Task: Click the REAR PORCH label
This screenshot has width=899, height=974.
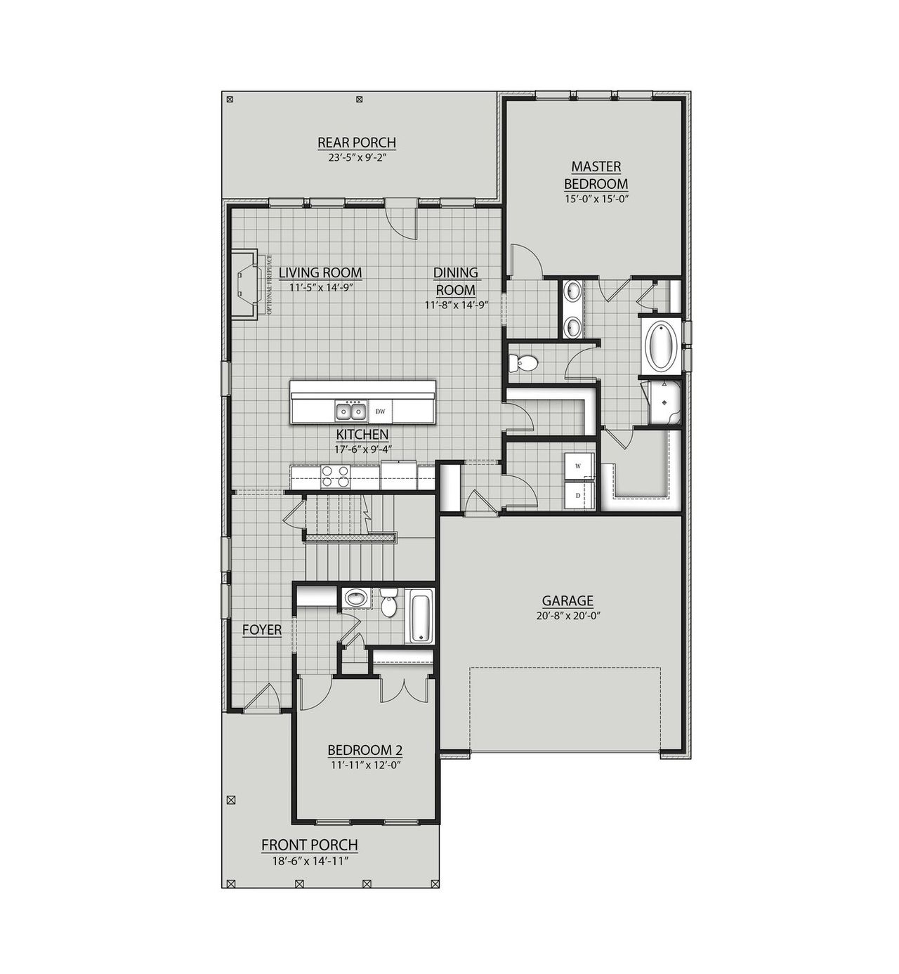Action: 357,143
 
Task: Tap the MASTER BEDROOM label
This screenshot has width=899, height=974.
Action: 596,175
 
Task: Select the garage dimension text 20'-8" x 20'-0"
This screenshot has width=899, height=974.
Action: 567,615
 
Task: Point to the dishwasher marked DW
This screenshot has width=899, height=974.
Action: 380,411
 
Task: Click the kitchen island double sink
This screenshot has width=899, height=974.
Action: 350,410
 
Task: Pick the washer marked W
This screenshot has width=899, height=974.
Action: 579,466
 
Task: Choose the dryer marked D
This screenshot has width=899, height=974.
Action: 579,495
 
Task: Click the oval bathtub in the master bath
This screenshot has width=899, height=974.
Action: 660,347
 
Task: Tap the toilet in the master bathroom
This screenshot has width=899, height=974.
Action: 523,362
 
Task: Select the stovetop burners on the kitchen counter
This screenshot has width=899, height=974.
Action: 336,477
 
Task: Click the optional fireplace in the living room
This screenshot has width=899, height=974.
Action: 247,284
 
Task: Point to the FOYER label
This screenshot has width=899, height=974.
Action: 262,630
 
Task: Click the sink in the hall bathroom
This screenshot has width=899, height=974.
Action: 357,599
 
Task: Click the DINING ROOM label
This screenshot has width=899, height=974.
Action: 455,281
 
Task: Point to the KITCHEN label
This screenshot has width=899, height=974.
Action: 362,435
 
